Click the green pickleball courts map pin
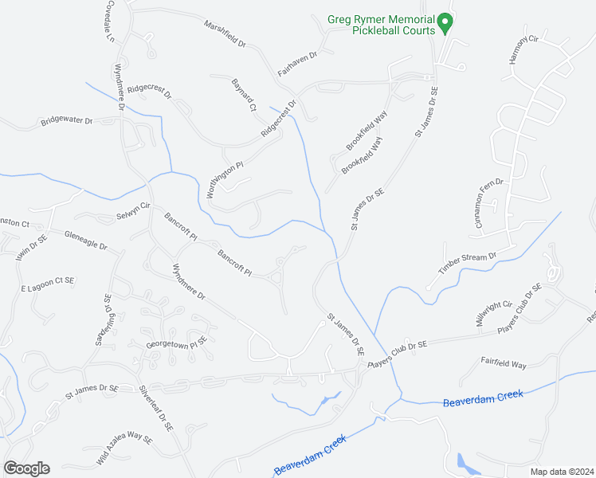point(446,24)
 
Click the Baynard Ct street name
point(243,95)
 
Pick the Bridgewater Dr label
point(67,122)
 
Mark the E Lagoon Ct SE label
point(47,283)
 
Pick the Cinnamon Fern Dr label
point(490,204)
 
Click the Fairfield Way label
point(504,363)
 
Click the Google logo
point(26,468)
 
